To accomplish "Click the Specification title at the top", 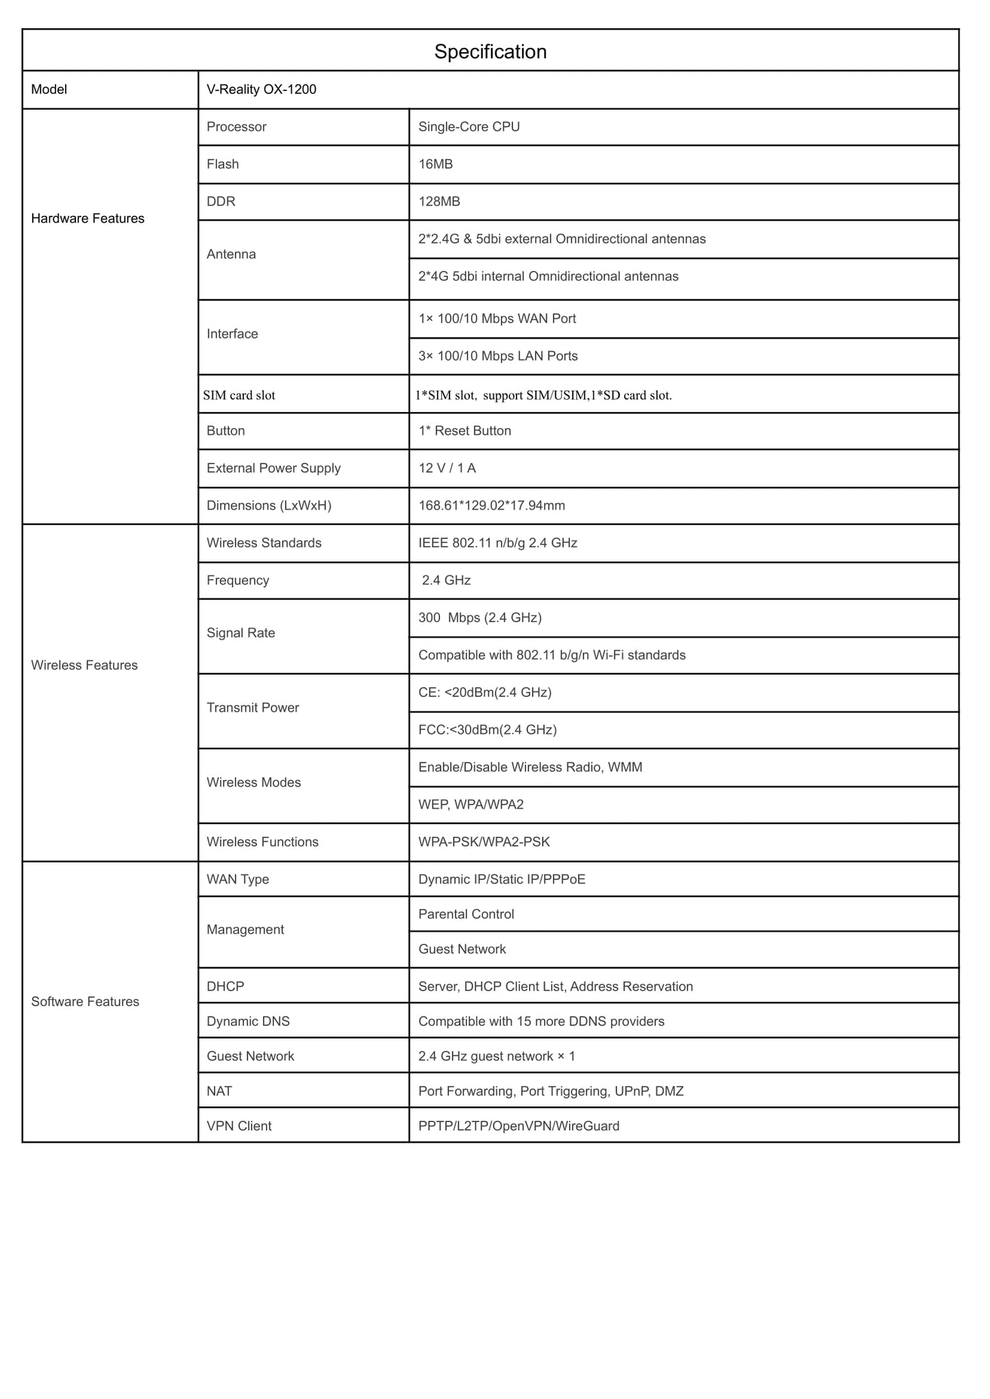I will [x=490, y=51].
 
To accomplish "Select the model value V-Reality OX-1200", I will [x=261, y=89].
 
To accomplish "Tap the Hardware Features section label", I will [x=88, y=218].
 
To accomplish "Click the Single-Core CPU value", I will [x=469, y=127].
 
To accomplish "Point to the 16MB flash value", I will [x=435, y=164].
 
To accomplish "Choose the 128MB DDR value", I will [x=438, y=202].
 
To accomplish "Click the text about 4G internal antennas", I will [x=548, y=276].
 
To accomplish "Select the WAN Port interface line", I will [x=497, y=319].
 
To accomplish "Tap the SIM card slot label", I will [x=239, y=395].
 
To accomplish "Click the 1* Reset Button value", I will [x=465, y=430].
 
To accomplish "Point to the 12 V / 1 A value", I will [x=447, y=468].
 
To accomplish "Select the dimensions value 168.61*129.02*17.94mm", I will [x=491, y=505].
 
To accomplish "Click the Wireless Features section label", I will [x=84, y=665].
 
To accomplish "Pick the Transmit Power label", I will [x=253, y=707].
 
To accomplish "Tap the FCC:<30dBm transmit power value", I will [x=487, y=729].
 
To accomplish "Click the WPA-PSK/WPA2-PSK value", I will [x=484, y=842].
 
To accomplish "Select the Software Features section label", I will [x=85, y=1001].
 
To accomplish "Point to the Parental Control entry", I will [x=466, y=914].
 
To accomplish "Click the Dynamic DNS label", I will [x=248, y=1021].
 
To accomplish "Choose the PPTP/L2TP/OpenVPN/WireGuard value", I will [x=519, y=1126].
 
